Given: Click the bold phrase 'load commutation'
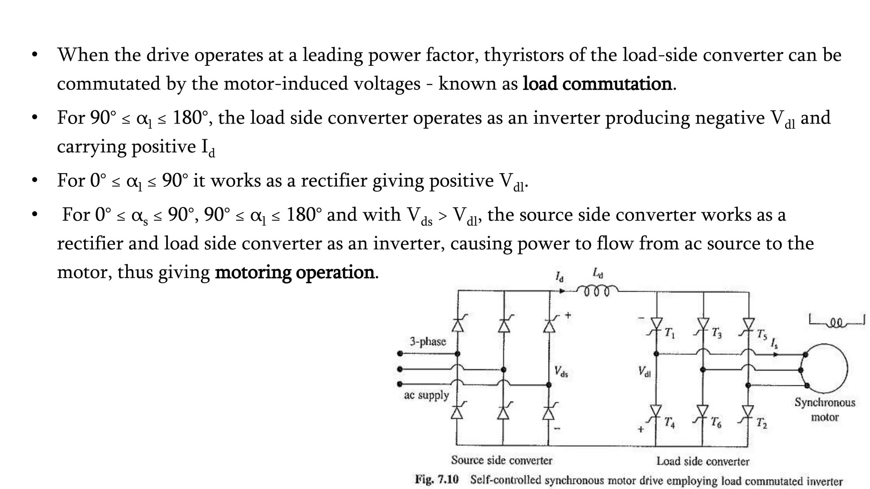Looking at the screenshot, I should [x=597, y=84].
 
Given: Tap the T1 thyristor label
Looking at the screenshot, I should [x=670, y=333].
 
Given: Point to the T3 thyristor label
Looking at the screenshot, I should [x=717, y=333].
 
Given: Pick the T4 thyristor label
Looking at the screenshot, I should [x=670, y=423].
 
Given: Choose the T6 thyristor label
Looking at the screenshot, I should [x=717, y=423].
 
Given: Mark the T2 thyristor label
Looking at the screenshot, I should [x=762, y=423].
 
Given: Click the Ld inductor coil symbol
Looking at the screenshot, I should [x=597, y=291].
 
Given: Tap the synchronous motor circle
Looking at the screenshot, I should [x=824, y=369].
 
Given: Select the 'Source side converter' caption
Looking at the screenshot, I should [x=501, y=460].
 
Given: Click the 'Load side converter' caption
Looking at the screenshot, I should [x=703, y=461].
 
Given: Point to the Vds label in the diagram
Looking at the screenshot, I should [x=561, y=372].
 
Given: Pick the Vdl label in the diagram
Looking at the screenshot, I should [x=644, y=372].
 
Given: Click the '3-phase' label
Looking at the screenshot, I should [x=428, y=341].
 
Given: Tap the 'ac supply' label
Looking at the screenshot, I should [x=426, y=395].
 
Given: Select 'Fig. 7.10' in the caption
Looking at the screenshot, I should [x=437, y=480].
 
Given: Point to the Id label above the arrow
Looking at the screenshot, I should [x=560, y=277].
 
